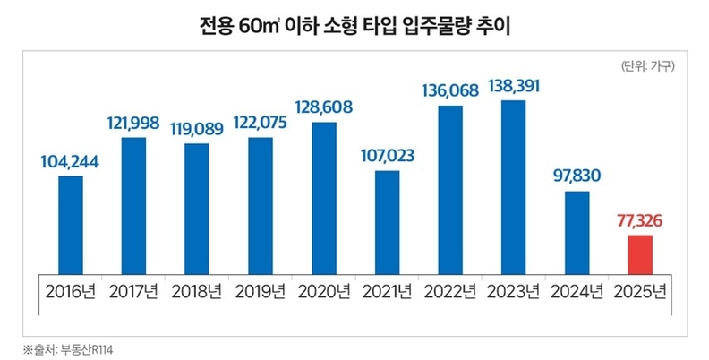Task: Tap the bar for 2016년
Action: [x=71, y=224]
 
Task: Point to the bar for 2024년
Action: [x=577, y=231]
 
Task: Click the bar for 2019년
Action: [x=260, y=205]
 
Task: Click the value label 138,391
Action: [x=514, y=87]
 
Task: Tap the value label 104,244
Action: [x=71, y=162]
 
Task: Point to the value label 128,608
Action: [x=323, y=107]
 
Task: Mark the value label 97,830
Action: [x=577, y=176]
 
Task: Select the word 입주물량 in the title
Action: [x=440, y=29]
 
